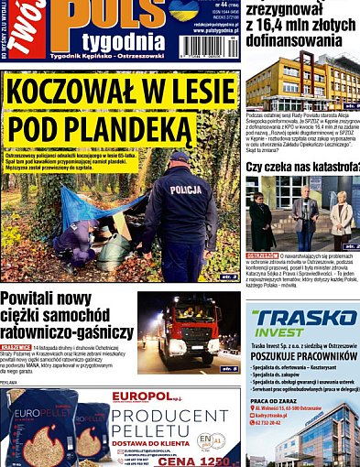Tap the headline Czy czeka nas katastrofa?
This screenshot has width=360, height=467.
point(301,168)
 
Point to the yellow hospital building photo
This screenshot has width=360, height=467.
point(302,95)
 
